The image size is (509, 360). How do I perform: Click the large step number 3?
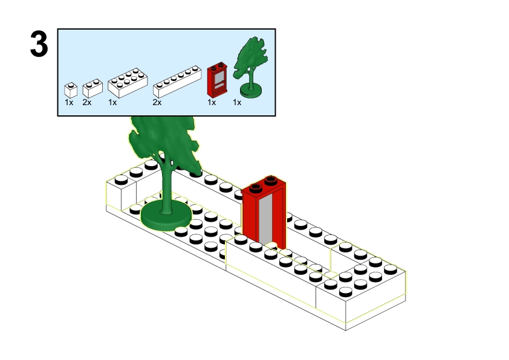39,45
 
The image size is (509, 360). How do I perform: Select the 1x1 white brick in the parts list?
71,91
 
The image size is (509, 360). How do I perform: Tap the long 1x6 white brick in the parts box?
176,82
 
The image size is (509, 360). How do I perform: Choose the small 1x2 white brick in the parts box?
92,89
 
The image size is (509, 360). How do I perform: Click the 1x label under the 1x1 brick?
69,103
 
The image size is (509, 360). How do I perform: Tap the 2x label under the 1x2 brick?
87,103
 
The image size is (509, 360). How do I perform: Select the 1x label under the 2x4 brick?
112,103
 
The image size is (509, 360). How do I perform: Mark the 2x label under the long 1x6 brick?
157,103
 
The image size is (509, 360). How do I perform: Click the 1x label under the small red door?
212,103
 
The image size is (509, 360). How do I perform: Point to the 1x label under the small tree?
237,103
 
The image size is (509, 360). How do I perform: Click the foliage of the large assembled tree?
163,139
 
